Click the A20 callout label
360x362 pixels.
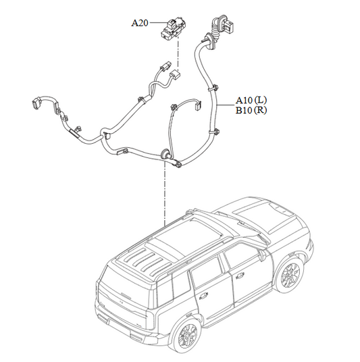(139, 23)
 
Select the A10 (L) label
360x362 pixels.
(251, 100)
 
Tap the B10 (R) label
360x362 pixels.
(251, 110)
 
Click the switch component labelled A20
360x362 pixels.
(174, 28)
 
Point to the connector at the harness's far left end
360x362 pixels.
(36, 103)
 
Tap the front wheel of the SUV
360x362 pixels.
(290, 274)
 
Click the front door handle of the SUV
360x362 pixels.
(240, 276)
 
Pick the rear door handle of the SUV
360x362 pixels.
(203, 296)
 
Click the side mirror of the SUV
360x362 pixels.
(262, 254)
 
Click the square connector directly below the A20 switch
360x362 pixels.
(174, 74)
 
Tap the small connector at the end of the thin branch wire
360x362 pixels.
(198, 105)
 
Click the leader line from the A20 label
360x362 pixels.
(158, 22)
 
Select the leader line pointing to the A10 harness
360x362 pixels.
(226, 105)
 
